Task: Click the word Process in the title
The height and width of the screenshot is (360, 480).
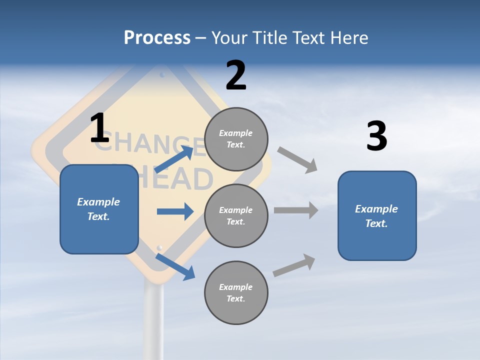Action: (x=157, y=38)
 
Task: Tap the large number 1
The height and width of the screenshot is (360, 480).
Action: (x=99, y=128)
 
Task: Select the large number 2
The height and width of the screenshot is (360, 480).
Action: (x=236, y=75)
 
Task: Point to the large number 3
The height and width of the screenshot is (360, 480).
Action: (x=376, y=136)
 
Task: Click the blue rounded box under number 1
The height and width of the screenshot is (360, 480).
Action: (x=99, y=209)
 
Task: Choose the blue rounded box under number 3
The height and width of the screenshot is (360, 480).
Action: (x=377, y=215)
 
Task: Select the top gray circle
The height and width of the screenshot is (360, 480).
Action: (x=236, y=139)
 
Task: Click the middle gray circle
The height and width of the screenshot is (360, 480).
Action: (x=236, y=215)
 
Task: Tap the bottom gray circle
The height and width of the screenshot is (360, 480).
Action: (x=236, y=292)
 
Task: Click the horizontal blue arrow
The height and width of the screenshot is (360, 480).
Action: (x=175, y=211)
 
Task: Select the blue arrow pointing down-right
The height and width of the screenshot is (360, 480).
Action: (x=175, y=266)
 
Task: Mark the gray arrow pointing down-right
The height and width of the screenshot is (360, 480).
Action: (x=297, y=160)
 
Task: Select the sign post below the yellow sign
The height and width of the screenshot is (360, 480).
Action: (x=153, y=320)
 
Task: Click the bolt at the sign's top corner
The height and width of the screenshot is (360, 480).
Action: (x=162, y=75)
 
